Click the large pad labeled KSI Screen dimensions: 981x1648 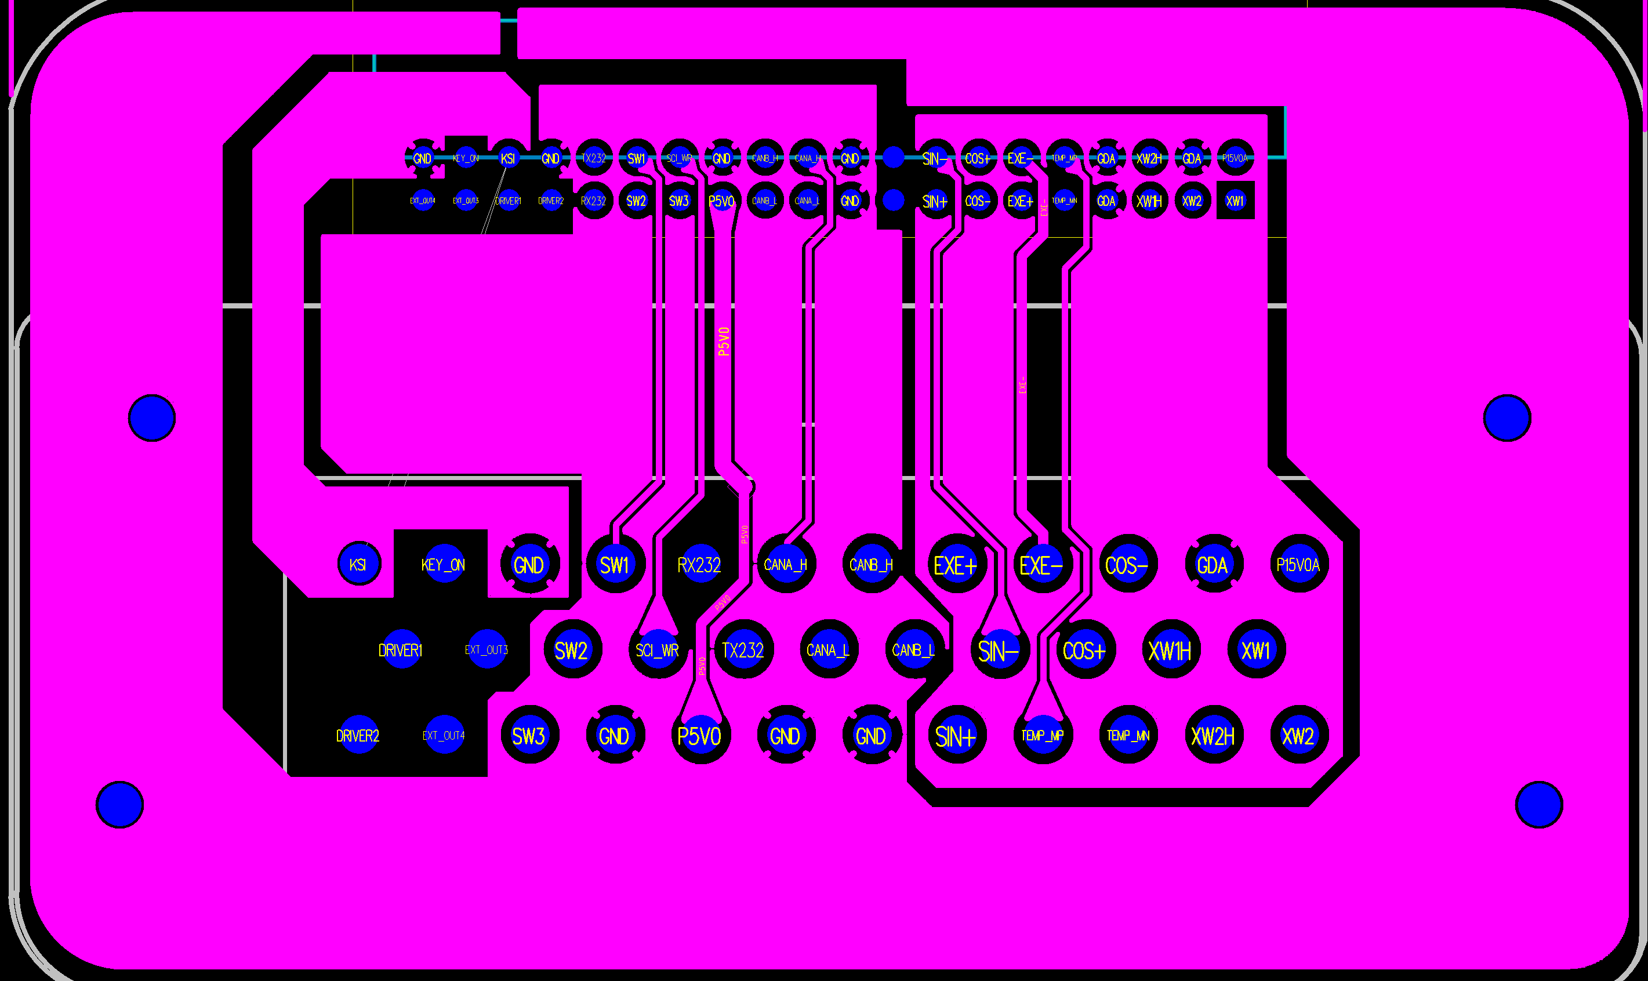359,564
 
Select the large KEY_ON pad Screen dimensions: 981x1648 443,564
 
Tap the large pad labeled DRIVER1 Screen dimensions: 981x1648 401,649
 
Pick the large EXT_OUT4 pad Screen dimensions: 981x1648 444,735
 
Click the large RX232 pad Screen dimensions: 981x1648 699,564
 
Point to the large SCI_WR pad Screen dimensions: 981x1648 657,649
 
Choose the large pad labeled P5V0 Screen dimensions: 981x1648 699,735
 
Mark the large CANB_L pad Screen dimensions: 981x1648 913,649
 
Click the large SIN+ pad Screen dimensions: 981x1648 956,735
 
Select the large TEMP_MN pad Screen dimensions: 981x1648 1128,735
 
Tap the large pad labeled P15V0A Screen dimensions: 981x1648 1298,564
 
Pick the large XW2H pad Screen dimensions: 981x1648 1213,735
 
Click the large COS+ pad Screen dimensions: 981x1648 1085,649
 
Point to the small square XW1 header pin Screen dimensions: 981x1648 1235,199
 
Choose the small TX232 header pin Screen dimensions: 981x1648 594,157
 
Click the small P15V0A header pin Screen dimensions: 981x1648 1235,157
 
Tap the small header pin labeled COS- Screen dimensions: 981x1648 978,199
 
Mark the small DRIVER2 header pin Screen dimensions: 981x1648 551,199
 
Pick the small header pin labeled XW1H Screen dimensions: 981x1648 1149,199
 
